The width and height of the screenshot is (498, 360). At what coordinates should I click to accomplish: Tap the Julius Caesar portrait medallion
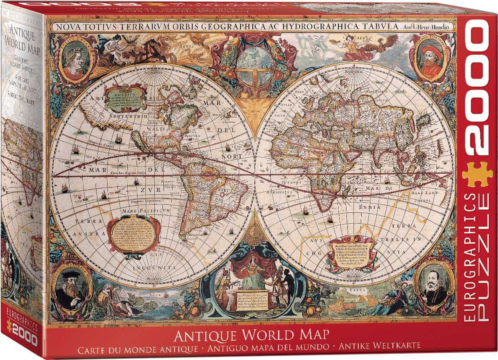click(75, 58)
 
